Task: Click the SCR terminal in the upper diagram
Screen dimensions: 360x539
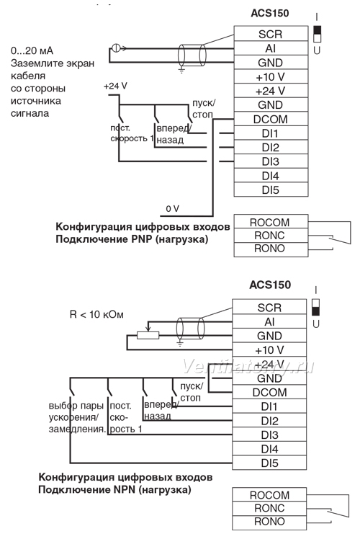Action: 271,34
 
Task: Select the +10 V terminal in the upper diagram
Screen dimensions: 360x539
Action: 271,76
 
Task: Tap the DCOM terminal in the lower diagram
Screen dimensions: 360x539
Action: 269,392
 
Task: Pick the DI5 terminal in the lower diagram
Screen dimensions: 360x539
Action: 269,463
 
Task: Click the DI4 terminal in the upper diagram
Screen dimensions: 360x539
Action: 271,175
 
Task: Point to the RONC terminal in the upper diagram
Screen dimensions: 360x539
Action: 271,236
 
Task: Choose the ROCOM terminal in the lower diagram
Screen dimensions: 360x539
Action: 269,494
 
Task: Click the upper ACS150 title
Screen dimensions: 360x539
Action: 270,13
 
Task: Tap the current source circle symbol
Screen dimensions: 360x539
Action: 116,48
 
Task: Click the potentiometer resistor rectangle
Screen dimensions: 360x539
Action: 148,335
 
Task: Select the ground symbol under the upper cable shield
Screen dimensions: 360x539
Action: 181,70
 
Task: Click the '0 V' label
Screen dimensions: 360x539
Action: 173,209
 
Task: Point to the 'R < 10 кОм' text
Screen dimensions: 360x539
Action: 96,314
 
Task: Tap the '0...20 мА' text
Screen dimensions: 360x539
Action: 32,51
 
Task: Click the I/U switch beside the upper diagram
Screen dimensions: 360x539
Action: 317,34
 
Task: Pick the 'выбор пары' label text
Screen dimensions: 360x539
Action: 76,406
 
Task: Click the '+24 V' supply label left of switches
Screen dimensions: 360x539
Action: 115,86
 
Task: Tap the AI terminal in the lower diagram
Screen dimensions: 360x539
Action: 269,321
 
